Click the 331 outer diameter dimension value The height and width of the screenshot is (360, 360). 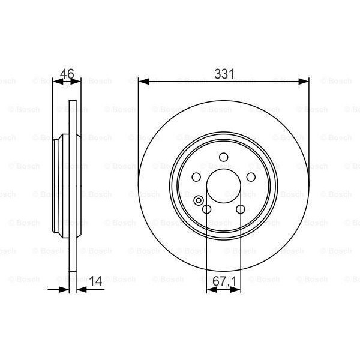(224, 73)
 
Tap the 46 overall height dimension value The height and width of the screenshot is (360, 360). (67, 74)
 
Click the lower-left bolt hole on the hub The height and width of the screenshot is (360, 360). (208, 209)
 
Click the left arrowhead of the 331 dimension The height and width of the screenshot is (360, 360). (143, 80)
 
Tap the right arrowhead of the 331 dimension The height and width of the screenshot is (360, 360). (305, 80)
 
